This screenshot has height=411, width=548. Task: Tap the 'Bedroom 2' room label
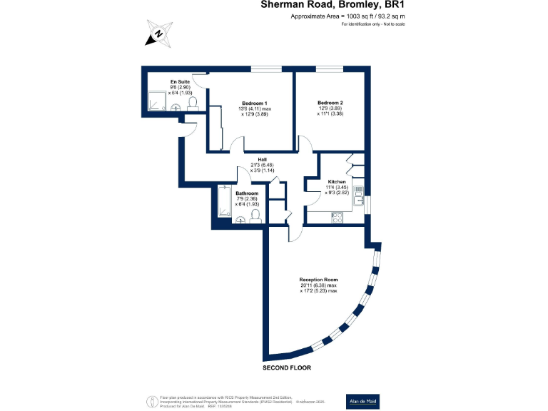tap(330, 103)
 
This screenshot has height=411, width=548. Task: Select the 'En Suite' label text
tap(180, 82)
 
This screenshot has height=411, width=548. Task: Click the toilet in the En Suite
tap(192, 104)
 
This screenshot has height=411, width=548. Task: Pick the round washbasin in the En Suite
tap(174, 108)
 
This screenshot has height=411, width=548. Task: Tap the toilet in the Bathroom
tap(255, 217)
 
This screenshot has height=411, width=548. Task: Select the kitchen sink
tap(360, 191)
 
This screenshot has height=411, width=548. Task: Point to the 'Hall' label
tap(262, 159)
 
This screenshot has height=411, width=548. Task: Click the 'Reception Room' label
tap(318, 279)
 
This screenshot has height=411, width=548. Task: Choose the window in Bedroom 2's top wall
tap(330, 68)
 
